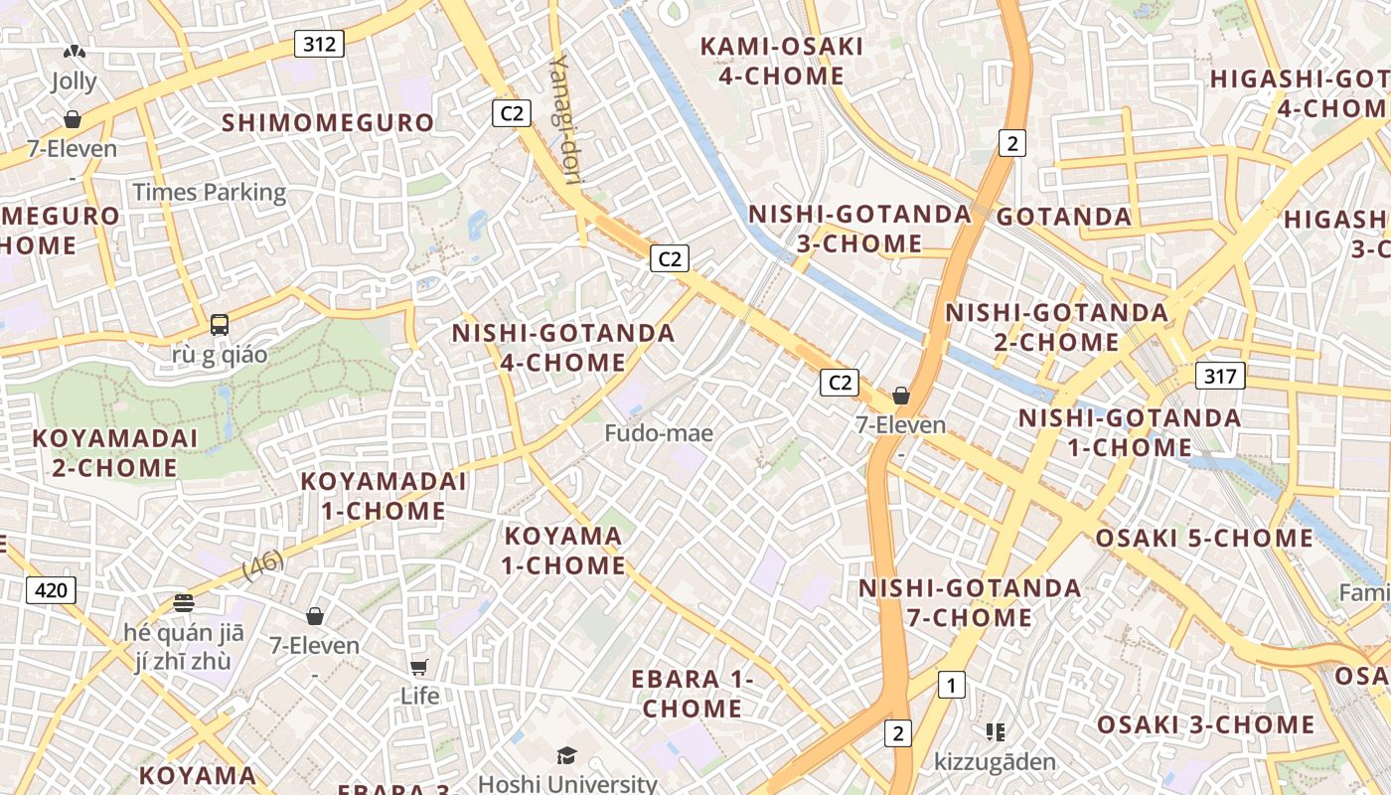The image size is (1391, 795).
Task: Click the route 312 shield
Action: click(x=319, y=44)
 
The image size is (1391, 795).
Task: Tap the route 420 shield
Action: click(x=51, y=591)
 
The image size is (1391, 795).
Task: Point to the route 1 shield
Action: click(x=951, y=685)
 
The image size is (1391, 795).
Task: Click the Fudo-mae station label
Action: click(x=659, y=433)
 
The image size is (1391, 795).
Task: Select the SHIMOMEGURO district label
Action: click(x=328, y=122)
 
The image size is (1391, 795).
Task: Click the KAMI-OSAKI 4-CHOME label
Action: click(x=782, y=61)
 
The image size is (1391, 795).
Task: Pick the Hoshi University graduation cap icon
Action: click(x=566, y=756)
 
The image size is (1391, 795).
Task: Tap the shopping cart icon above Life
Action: click(x=419, y=667)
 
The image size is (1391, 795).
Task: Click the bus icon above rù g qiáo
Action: click(x=220, y=325)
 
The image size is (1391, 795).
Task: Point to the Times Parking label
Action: click(x=210, y=192)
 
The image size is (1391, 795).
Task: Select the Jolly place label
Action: click(x=75, y=81)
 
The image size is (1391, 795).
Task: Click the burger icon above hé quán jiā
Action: click(x=183, y=603)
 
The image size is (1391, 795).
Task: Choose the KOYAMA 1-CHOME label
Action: click(x=563, y=551)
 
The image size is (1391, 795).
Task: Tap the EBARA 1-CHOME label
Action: click(x=693, y=694)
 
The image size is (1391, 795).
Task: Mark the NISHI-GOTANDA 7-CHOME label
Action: click(x=970, y=602)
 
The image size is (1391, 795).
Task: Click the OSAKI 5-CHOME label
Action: click(x=1204, y=539)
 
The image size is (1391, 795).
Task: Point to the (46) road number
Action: click(x=263, y=564)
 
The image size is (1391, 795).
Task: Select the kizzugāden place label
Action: click(x=995, y=762)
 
